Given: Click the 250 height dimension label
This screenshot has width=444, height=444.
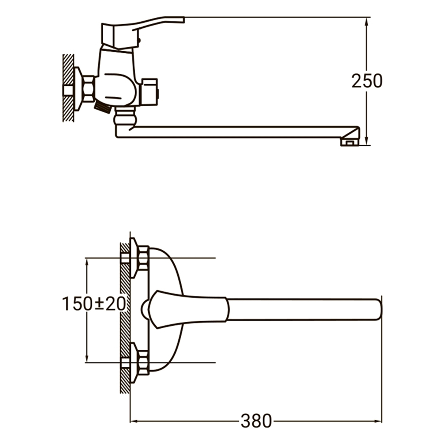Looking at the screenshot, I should (x=367, y=81).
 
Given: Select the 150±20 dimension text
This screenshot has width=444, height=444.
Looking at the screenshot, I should (x=94, y=304).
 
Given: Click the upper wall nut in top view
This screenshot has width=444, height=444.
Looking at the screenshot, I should (x=142, y=258).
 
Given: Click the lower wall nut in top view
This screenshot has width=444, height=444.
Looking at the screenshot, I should (x=142, y=362).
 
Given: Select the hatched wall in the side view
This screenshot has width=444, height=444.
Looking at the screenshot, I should (x=68, y=87).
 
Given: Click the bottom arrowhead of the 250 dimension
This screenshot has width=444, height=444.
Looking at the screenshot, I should (x=367, y=141).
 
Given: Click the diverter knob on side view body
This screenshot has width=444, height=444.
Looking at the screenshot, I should (x=150, y=91).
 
